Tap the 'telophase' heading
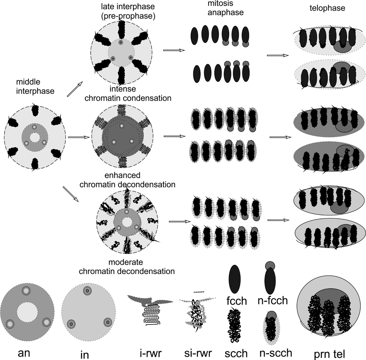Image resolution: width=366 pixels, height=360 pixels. point(327,8)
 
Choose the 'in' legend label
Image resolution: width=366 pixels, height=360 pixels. point(85,351)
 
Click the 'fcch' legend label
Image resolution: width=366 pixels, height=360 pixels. point(236,300)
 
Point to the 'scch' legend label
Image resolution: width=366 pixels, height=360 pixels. point(236,352)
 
